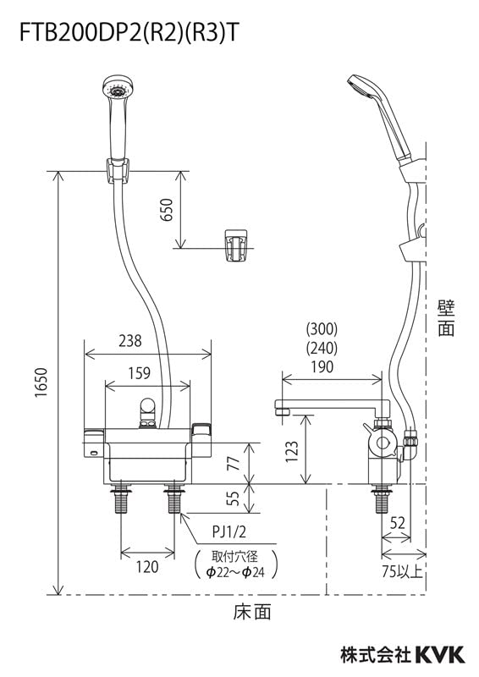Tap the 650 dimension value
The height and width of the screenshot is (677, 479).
(x=166, y=210)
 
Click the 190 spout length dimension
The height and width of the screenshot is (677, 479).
(x=321, y=366)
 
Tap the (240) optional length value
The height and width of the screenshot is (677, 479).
(x=321, y=348)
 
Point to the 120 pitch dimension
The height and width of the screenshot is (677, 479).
(x=147, y=567)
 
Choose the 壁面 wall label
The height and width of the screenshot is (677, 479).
(x=446, y=316)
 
